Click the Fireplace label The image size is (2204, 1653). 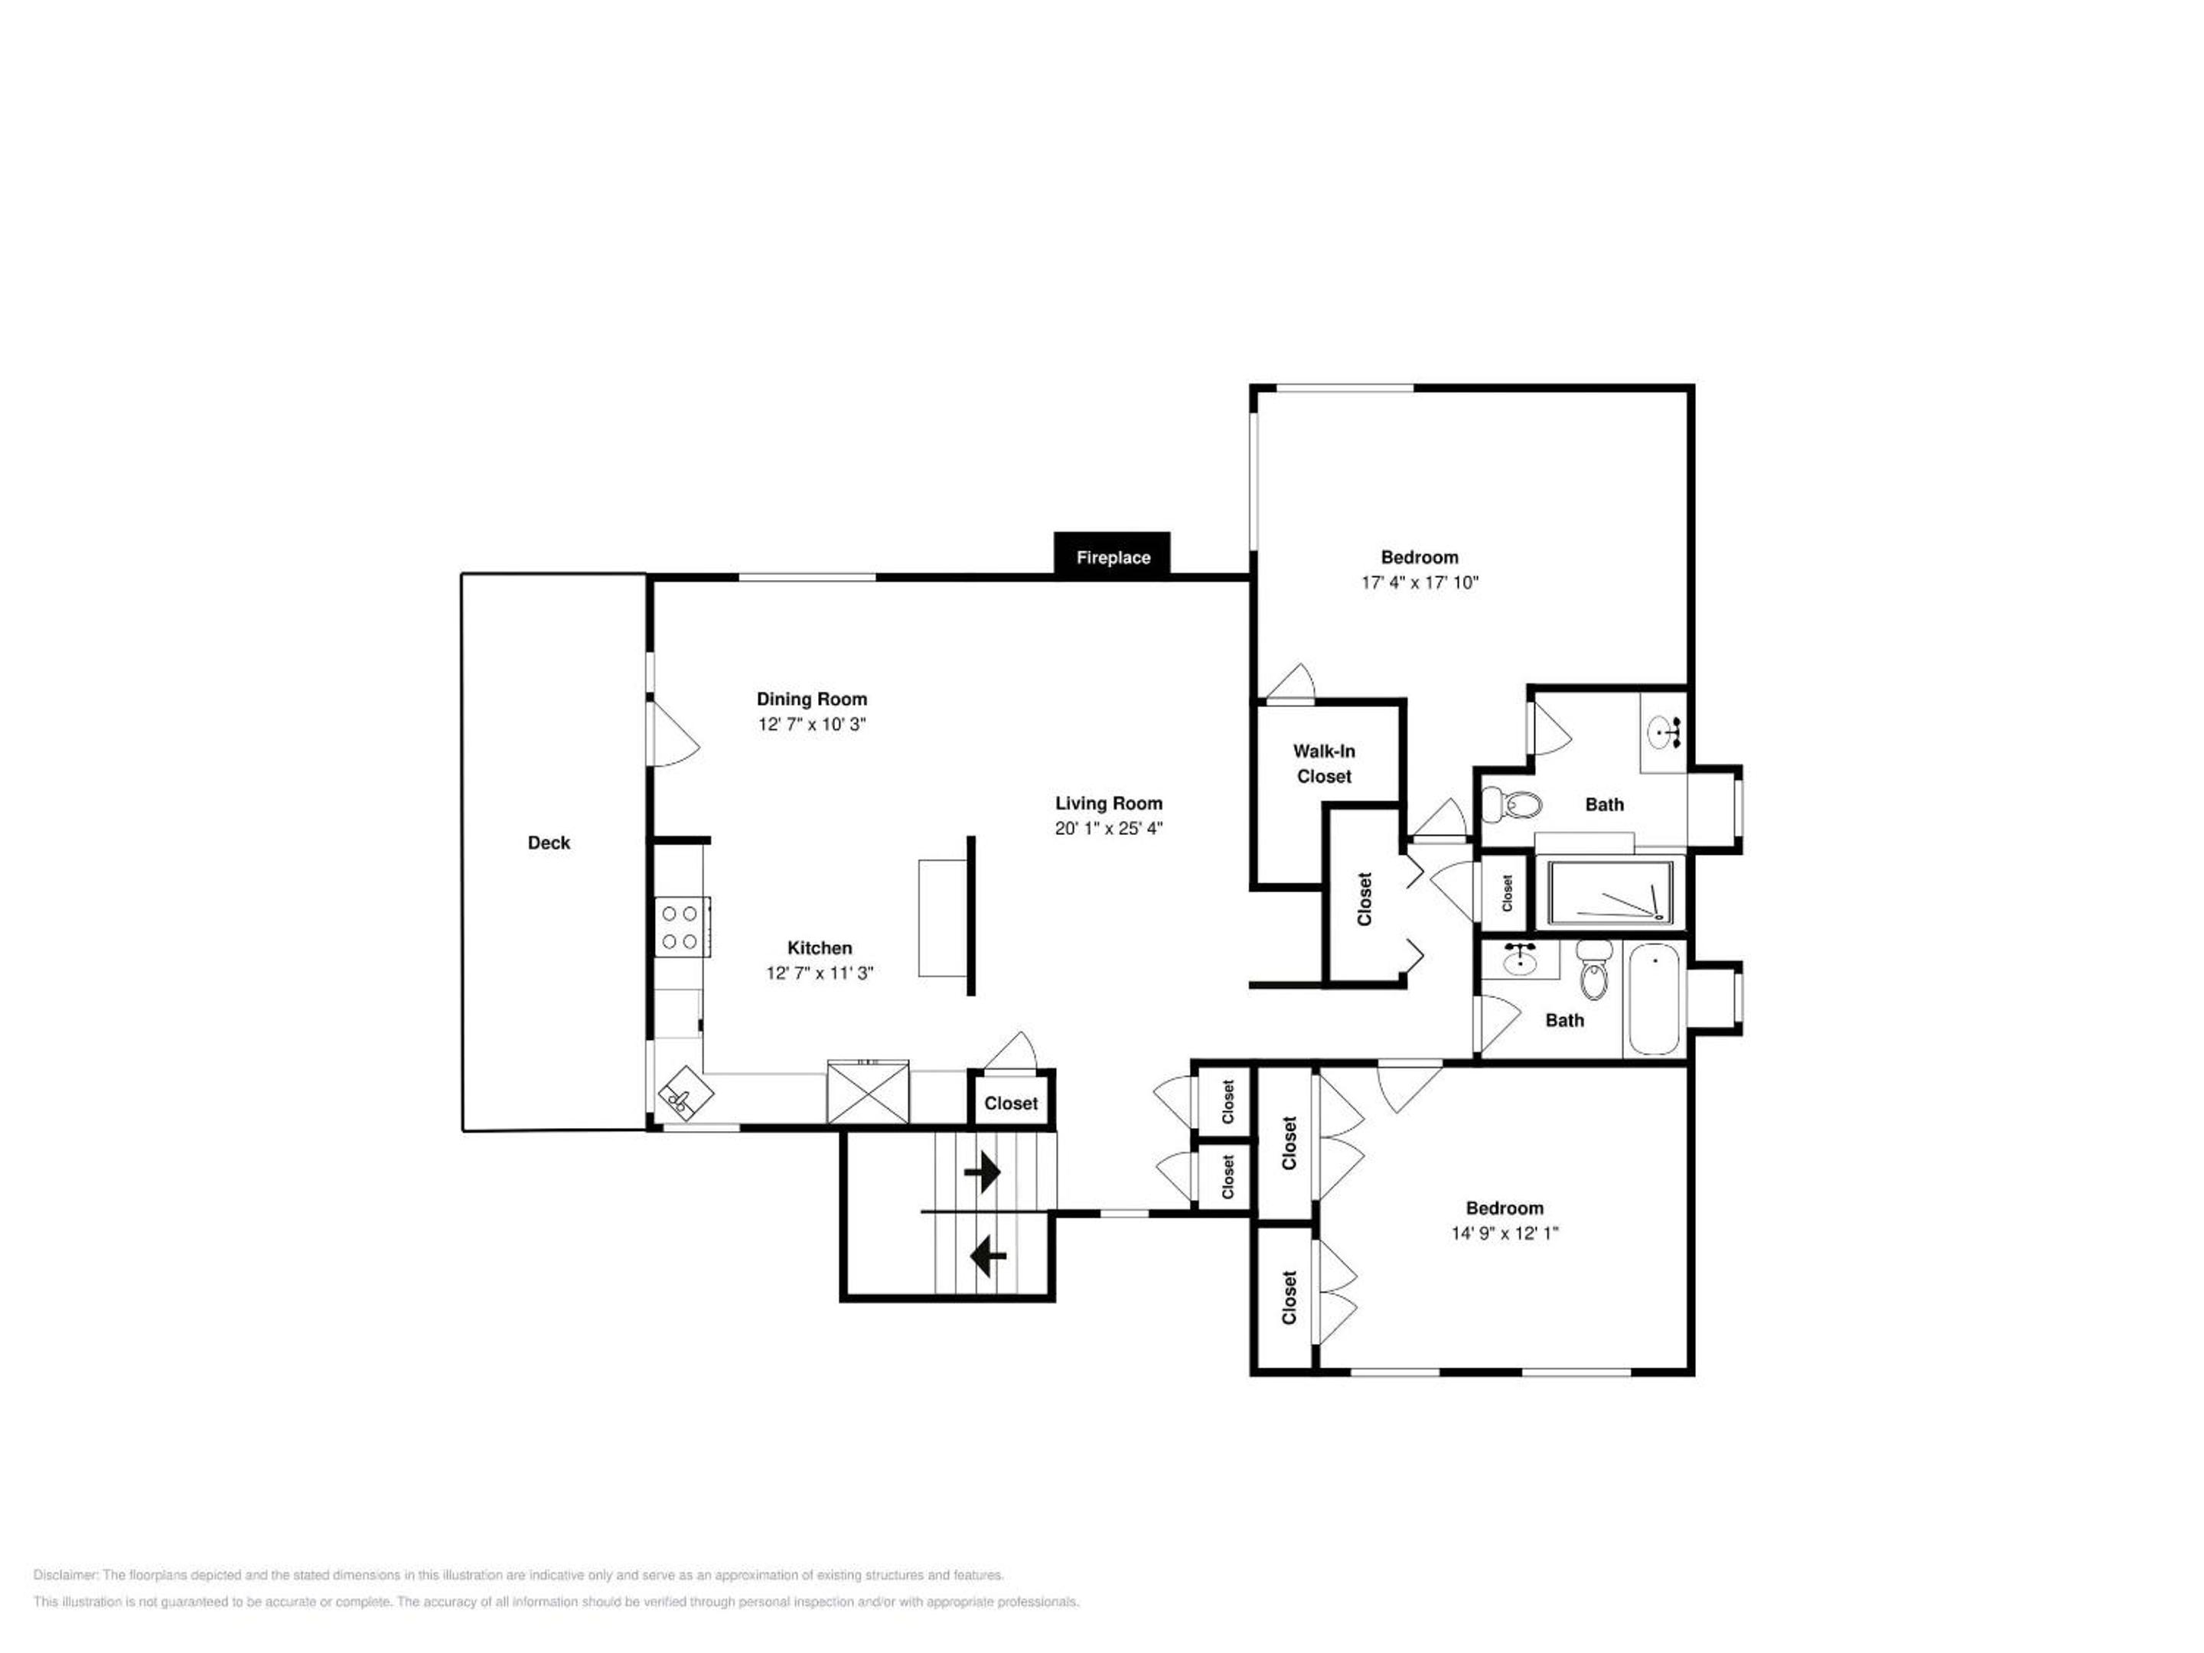tap(1113, 558)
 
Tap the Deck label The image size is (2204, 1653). tap(549, 843)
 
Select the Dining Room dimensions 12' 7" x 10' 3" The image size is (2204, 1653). tap(812, 725)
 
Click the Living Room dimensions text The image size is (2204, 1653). tap(1109, 828)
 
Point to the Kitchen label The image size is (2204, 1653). tap(820, 947)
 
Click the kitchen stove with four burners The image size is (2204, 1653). tap(682, 927)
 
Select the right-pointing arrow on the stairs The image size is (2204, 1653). tap(983, 1172)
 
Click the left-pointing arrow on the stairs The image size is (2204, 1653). tap(987, 1257)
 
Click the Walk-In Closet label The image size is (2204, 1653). tap(1324, 763)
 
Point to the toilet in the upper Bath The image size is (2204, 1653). tap(1511, 802)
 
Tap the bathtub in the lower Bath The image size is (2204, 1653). tap(1653, 999)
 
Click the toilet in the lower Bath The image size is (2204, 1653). tap(1595, 970)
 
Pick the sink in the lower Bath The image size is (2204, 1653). tap(1518, 960)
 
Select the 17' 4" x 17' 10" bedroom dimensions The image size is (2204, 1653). tap(1420, 583)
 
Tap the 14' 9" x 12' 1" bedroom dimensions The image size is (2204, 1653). tap(1505, 1234)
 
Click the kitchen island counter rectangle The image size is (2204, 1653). tap(943, 918)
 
